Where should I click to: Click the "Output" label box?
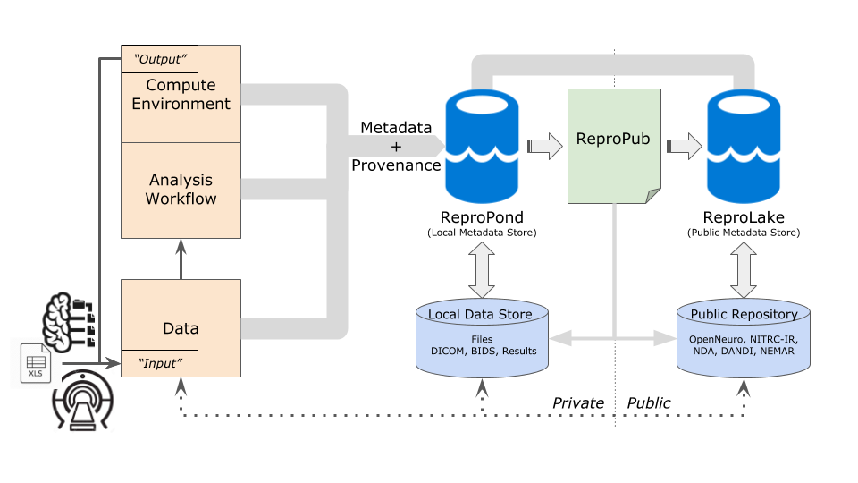159,59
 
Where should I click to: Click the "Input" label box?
159,362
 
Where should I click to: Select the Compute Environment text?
181,95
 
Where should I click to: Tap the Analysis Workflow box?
181,190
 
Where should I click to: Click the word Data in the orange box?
181,328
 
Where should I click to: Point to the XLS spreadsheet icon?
36,362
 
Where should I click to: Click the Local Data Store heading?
480,314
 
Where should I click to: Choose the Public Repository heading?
743,314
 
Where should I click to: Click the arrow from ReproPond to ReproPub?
541,145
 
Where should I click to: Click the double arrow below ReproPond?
482,270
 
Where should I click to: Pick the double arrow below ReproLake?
743,270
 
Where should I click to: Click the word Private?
577,403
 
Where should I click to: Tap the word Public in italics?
649,403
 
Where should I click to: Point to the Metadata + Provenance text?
396,147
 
